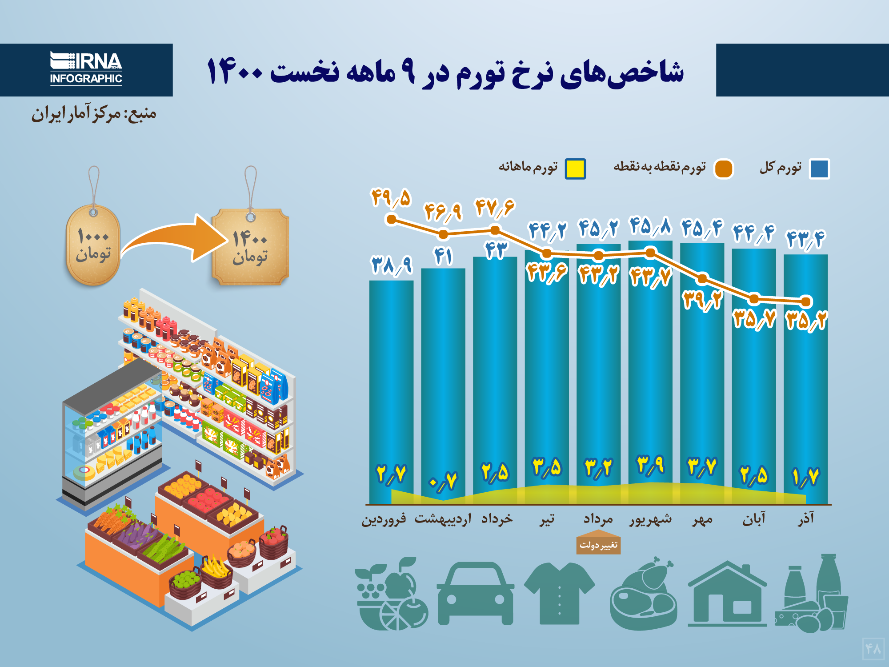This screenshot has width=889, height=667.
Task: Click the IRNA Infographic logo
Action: [86, 69]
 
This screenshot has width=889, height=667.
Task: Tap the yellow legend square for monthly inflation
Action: [575, 169]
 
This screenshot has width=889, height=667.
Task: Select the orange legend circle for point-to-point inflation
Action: [723, 169]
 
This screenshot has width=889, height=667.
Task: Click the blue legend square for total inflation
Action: [819, 169]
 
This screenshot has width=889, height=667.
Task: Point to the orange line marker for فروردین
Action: [392, 219]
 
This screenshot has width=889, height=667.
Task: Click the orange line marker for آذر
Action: [806, 301]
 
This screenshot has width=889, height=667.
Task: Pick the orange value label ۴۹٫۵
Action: [391, 198]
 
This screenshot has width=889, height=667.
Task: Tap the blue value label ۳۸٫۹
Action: [392, 265]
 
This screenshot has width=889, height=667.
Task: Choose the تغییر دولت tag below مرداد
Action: [598, 545]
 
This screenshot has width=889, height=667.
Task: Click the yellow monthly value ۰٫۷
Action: [443, 481]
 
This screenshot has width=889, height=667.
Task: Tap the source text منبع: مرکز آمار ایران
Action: [94, 114]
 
